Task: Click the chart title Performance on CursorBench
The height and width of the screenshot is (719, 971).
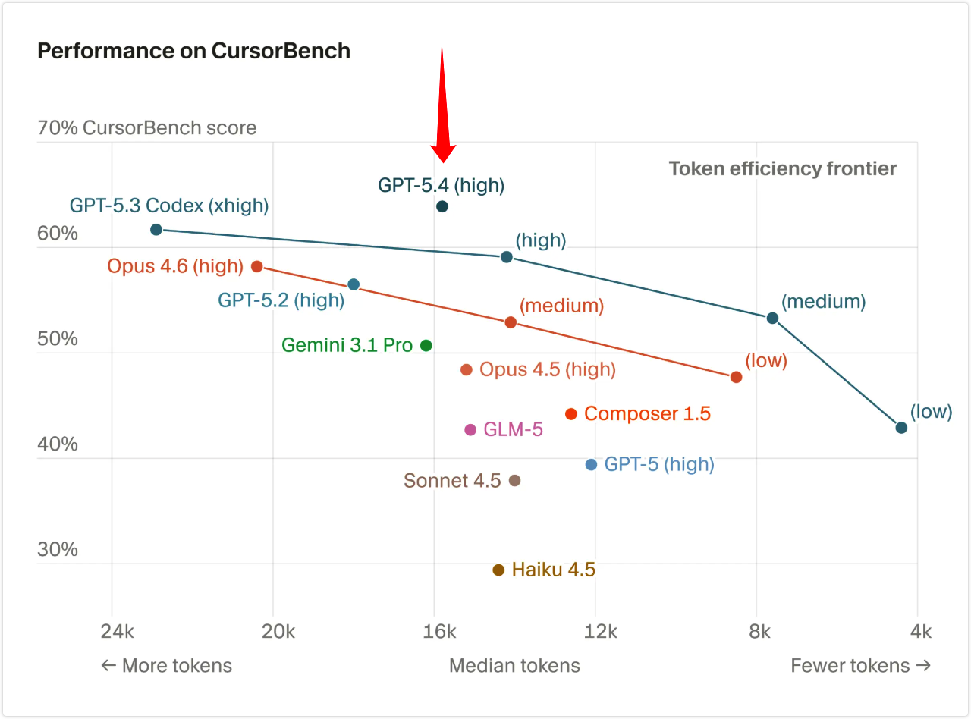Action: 193,51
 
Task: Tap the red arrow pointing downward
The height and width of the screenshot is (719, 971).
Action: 442,106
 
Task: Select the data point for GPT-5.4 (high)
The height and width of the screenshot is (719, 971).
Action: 442,206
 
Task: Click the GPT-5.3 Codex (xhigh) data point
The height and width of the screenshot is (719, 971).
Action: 156,229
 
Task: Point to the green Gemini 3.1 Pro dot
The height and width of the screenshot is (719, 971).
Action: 426,345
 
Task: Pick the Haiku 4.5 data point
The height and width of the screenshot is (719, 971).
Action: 498,570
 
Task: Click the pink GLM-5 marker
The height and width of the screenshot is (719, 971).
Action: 470,429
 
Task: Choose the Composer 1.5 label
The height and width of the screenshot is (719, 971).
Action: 647,413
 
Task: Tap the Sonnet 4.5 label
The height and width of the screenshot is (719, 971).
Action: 452,480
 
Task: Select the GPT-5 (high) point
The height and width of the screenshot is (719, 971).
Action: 592,464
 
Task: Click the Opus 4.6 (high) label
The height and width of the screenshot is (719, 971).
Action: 175,266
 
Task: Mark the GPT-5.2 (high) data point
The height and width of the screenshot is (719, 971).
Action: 354,284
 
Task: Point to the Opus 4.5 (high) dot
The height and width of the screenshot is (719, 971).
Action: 467,369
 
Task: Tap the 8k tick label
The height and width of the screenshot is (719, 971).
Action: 759,631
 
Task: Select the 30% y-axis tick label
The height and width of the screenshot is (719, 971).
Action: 58,549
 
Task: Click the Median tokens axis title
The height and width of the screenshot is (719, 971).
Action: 514,665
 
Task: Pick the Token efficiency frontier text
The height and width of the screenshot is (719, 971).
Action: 782,168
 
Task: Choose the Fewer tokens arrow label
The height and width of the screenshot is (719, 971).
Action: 860,665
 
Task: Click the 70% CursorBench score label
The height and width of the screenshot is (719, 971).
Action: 147,127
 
